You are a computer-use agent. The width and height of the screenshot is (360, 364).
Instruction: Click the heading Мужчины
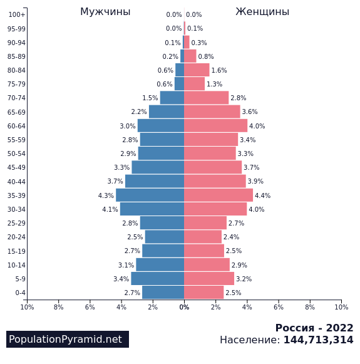(x=105, y=12)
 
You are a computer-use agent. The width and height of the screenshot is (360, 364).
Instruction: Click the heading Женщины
(x=262, y=12)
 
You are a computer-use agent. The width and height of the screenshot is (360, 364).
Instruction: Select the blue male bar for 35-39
(x=150, y=195)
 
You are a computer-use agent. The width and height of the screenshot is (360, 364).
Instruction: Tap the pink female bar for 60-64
(x=216, y=125)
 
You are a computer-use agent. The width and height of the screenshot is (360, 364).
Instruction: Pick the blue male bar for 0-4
(x=163, y=293)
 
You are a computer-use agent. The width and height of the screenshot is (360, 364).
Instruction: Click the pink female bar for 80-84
(x=197, y=70)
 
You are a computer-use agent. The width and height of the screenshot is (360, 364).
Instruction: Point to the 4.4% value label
(x=262, y=195)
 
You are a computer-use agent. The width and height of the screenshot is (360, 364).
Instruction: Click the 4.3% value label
(x=106, y=195)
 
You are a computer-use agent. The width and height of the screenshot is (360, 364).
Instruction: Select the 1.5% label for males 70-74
(x=150, y=98)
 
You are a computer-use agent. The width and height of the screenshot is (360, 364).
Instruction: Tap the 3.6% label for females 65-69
(x=250, y=112)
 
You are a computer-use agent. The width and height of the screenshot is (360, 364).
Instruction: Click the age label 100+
(x=17, y=14)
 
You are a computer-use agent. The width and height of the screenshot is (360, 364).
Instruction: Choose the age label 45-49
(x=16, y=167)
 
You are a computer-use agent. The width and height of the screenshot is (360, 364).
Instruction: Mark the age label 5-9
(x=21, y=279)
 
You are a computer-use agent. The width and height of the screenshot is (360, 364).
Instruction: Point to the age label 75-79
(x=16, y=84)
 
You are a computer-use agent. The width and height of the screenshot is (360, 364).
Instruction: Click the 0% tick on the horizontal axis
(x=184, y=307)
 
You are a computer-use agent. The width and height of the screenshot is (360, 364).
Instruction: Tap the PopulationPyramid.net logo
(x=68, y=339)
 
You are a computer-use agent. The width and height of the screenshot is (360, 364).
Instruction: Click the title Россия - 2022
(x=314, y=328)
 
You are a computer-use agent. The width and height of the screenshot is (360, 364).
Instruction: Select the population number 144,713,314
(x=319, y=340)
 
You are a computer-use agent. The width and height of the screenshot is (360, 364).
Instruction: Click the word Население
(x=250, y=340)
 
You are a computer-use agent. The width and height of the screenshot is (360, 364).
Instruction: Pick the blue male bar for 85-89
(x=182, y=56)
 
